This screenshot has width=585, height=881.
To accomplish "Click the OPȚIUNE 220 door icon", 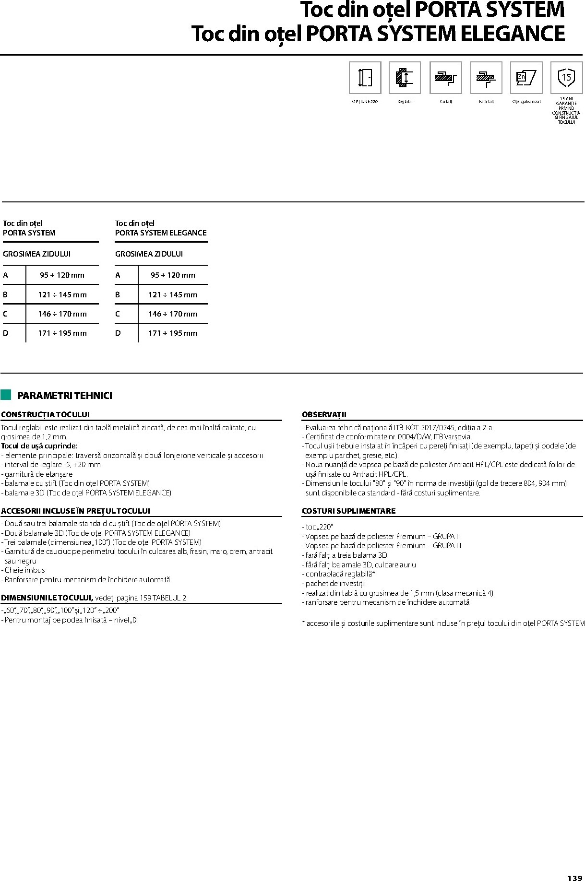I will (365, 77).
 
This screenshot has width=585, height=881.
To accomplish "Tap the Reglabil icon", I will (405, 77).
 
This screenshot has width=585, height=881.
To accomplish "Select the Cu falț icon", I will (445, 77).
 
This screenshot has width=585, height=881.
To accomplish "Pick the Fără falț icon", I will (486, 77).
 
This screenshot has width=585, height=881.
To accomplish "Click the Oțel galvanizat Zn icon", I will (526, 77).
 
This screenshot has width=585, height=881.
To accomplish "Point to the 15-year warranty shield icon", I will (566, 77).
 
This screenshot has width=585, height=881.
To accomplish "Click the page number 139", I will (574, 874).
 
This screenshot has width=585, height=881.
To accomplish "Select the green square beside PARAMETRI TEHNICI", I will (6, 395).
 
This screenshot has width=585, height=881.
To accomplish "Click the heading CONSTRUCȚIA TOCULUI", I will (45, 414).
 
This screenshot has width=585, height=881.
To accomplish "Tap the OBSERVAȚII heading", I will (324, 414).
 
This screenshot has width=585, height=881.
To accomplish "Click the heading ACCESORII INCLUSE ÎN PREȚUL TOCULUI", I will (75, 511).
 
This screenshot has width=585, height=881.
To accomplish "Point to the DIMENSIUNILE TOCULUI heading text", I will (47, 598).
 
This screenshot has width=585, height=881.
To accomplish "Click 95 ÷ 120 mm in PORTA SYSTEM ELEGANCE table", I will (173, 275).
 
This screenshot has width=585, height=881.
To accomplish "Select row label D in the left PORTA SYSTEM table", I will (6, 333).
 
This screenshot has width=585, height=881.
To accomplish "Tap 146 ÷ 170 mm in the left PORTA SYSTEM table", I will (62, 314).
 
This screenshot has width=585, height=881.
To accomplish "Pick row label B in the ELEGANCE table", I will (118, 294).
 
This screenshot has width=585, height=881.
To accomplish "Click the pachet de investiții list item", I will (335, 584).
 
